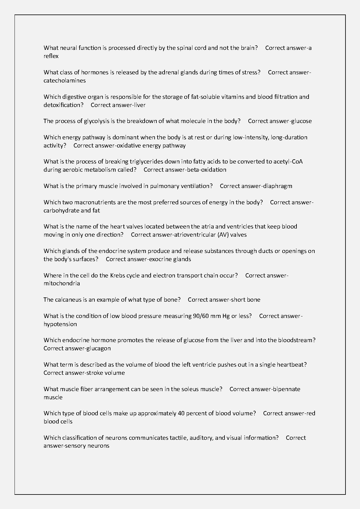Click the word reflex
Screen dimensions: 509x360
(51, 56)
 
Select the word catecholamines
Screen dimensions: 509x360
(64, 81)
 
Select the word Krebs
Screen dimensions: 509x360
(117, 276)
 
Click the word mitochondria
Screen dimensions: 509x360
(62, 284)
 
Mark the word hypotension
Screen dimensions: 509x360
(60, 324)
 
